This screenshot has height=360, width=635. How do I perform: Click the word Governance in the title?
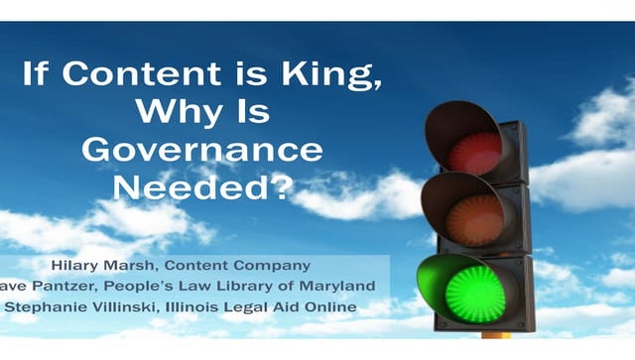(x=202, y=150)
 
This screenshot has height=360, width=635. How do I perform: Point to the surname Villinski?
(x=128, y=304)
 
